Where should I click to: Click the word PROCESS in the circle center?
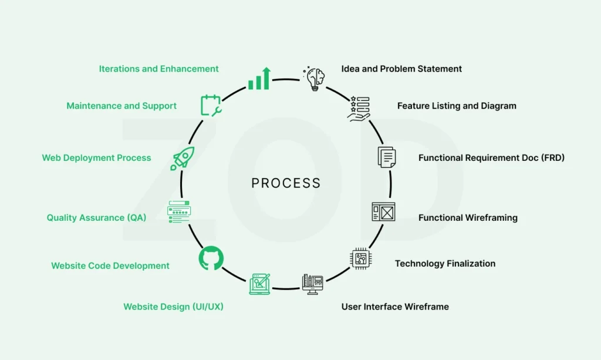[286, 183]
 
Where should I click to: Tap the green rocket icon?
[182, 159]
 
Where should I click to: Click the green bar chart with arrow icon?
[259, 79]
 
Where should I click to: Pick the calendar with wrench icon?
[211, 105]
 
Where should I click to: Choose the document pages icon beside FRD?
[386, 157]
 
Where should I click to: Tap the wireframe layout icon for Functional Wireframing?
[383, 211]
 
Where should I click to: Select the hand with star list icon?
[358, 109]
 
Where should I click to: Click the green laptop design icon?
[259, 284]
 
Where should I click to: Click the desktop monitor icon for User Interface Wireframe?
[313, 284]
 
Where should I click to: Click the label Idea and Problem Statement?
[401, 69]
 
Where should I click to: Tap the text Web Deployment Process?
[96, 158]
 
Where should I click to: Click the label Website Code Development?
[110, 266]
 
